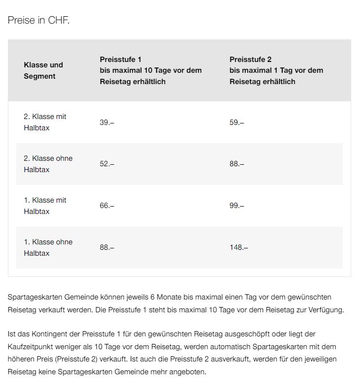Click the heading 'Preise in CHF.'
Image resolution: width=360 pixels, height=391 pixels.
tap(38, 21)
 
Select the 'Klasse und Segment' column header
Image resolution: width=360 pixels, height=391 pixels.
tap(43, 70)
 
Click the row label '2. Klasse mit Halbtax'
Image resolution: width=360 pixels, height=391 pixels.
tap(45, 122)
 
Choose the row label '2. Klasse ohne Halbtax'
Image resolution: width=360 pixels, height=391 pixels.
tap(48, 164)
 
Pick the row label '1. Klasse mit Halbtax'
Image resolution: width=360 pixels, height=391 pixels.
tap(45, 206)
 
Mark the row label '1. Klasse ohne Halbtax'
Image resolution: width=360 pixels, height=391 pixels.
tap(48, 247)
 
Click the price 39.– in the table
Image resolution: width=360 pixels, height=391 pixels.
tap(107, 122)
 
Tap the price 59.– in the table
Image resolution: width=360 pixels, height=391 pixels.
tap(237, 122)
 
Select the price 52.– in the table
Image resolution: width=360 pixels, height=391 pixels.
tap(107, 164)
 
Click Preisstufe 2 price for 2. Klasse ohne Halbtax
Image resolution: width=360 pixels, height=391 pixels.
tap(237, 164)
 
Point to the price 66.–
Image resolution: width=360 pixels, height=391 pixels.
tap(107, 206)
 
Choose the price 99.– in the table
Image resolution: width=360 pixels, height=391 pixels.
tap(237, 206)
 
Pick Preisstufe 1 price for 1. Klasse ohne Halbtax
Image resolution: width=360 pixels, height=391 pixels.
tap(107, 247)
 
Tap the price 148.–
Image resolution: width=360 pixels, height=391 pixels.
tap(239, 247)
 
